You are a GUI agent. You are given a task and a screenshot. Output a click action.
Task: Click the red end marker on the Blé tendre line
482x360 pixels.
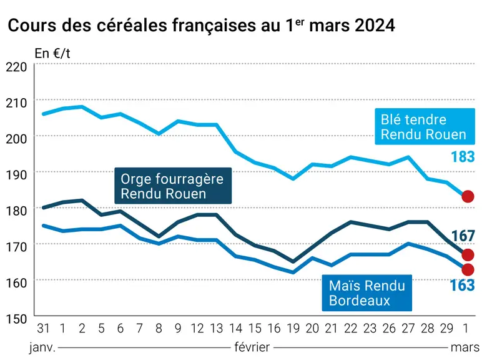[468, 196]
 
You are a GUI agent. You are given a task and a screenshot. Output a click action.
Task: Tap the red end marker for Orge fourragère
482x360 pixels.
[468, 255]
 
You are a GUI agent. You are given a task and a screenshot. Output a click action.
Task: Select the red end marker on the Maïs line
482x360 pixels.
[468, 269]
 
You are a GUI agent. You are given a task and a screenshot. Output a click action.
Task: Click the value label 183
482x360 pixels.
[463, 157]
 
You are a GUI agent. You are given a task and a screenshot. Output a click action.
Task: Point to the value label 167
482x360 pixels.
[463, 236]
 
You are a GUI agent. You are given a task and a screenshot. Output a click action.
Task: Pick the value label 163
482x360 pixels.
[462, 285]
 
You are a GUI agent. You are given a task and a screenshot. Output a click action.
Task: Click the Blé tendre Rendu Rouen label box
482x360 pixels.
[425, 126]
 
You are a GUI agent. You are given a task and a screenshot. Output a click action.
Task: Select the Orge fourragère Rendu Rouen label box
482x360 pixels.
[173, 186]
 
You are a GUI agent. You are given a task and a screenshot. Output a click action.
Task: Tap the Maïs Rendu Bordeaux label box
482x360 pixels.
[367, 292]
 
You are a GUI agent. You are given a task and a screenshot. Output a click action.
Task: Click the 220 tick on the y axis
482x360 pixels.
[16, 67]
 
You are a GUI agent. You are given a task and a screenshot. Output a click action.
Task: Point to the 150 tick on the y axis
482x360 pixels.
[16, 319]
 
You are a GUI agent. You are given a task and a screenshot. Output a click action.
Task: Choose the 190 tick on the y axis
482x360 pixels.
[16, 175]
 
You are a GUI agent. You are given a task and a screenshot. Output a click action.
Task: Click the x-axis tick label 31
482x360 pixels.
[43, 329]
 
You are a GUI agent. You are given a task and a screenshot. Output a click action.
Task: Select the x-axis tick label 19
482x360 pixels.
[293, 329]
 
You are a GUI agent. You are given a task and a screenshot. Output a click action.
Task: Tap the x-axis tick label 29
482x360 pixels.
[446, 329]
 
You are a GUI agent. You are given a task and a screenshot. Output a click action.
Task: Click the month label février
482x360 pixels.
[252, 347]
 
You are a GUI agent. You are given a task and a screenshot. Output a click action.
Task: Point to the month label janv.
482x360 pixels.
[42, 347]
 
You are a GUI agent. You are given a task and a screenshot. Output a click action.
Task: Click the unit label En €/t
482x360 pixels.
[52, 53]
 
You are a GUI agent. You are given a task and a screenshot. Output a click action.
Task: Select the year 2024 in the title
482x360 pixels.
[375, 25]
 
